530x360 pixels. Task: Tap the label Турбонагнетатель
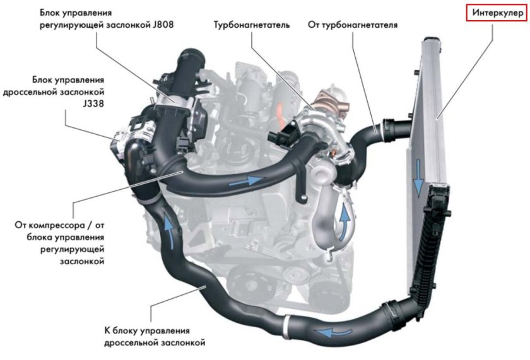(x=250, y=25)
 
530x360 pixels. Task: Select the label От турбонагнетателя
(x=352, y=25)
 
